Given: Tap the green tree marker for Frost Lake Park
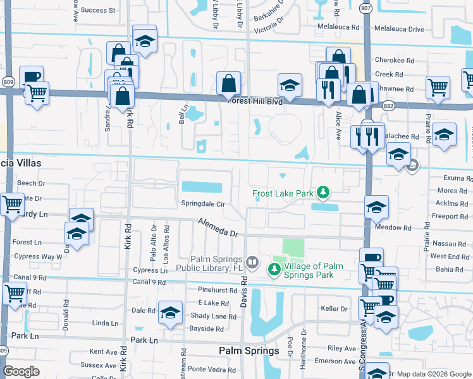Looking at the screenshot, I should (x=324, y=191).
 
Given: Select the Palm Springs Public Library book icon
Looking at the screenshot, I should (x=252, y=262).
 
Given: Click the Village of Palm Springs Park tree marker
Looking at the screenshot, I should (x=274, y=270).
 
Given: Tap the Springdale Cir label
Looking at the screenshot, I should (x=204, y=205).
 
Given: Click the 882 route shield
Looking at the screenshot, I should (x=388, y=107).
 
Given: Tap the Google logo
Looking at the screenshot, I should (x=21, y=371).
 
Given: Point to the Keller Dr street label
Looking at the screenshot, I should (x=335, y=309).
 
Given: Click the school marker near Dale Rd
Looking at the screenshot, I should (x=169, y=313).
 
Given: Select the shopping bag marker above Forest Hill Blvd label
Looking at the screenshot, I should (x=228, y=83).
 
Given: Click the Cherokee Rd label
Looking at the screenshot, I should (x=403, y=61).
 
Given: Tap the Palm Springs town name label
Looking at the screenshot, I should (x=249, y=351).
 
